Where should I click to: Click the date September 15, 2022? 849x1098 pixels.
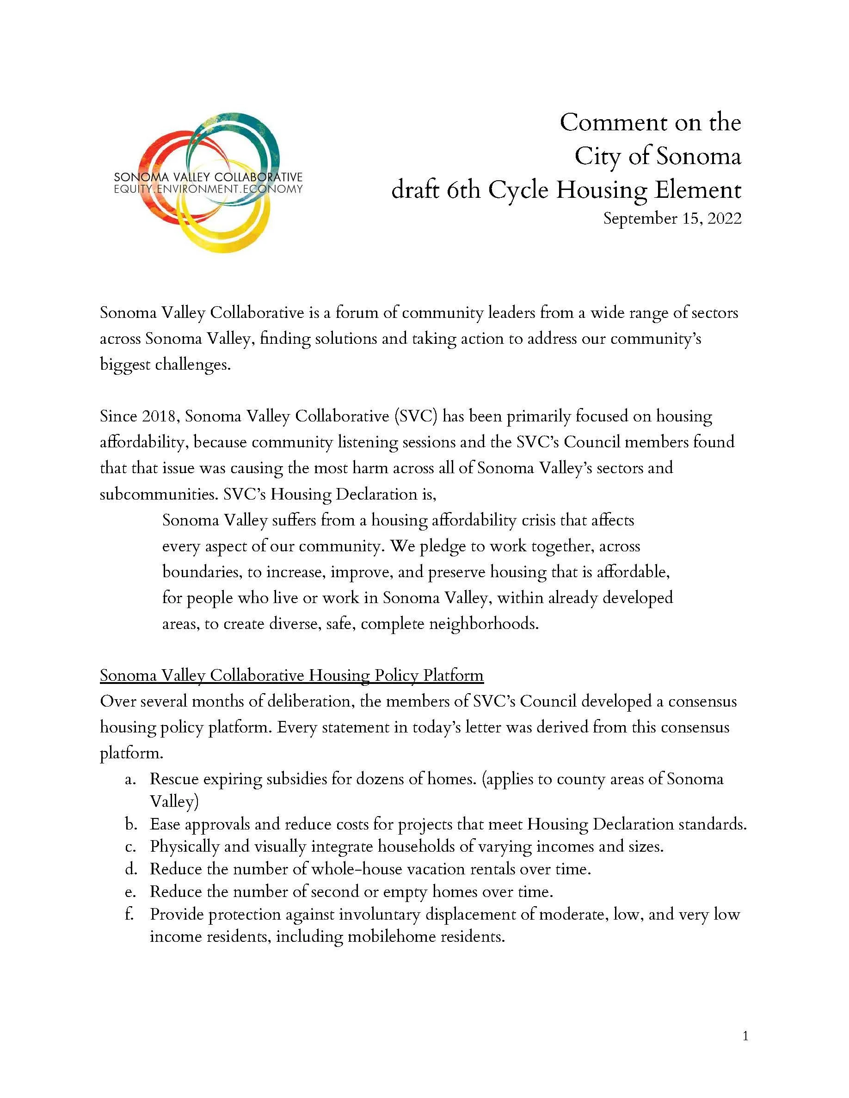click(x=672, y=219)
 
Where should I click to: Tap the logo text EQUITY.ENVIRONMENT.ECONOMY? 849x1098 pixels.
click(x=208, y=189)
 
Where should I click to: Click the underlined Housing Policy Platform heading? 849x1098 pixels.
click(x=291, y=675)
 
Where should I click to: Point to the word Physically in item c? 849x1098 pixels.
click(x=185, y=847)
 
